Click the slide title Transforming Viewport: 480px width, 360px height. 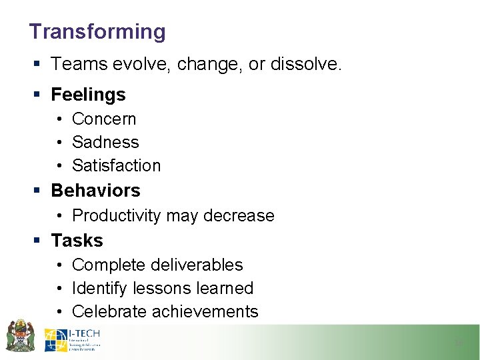coord(97,31)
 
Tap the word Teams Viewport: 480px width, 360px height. coord(77,65)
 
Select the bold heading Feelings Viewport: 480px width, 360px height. coord(88,95)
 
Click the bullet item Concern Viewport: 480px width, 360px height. coord(104,119)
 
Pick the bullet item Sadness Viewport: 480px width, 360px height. coord(105,142)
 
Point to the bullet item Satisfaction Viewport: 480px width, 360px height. coord(117,165)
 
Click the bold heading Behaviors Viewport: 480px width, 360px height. coord(95,191)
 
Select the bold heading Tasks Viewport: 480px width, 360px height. coord(77,240)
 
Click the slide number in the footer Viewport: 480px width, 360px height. coord(458,343)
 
